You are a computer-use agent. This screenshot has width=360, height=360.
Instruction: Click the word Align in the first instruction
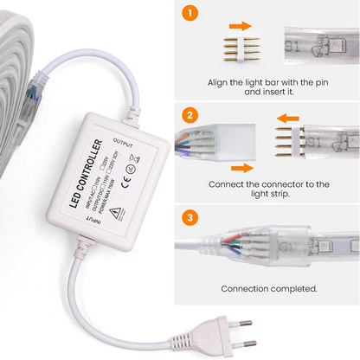point(221,83)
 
